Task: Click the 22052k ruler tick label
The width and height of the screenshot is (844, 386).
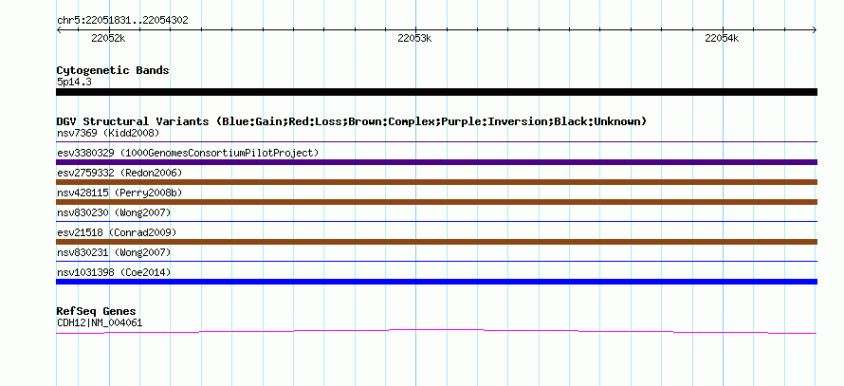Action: tap(108, 38)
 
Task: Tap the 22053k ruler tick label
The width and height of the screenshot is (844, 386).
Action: tap(414, 38)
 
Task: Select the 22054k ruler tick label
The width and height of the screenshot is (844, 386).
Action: tap(722, 38)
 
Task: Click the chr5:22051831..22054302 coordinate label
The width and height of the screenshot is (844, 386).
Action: tap(122, 21)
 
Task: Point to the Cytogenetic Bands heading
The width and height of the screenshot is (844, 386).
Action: tap(113, 70)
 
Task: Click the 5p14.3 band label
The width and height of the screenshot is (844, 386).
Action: tap(74, 82)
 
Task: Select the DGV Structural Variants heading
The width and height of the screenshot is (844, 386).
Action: tap(352, 121)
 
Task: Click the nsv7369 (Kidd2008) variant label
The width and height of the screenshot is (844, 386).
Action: tap(108, 133)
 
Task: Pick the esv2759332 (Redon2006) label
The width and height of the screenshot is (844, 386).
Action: tap(119, 173)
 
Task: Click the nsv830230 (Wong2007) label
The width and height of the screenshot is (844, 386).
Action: tap(114, 212)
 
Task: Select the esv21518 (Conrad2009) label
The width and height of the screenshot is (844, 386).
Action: tap(117, 232)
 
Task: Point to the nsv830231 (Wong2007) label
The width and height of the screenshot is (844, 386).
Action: tap(114, 252)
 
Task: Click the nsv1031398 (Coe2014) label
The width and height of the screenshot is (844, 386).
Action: tap(114, 272)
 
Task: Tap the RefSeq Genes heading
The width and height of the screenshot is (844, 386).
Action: tap(97, 311)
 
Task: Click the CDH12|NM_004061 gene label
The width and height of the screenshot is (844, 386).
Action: tap(100, 323)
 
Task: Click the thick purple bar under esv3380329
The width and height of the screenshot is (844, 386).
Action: tap(436, 162)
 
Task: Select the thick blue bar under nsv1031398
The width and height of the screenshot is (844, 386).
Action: tap(436, 282)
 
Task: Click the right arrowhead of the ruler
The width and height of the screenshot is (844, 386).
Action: tap(816, 30)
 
